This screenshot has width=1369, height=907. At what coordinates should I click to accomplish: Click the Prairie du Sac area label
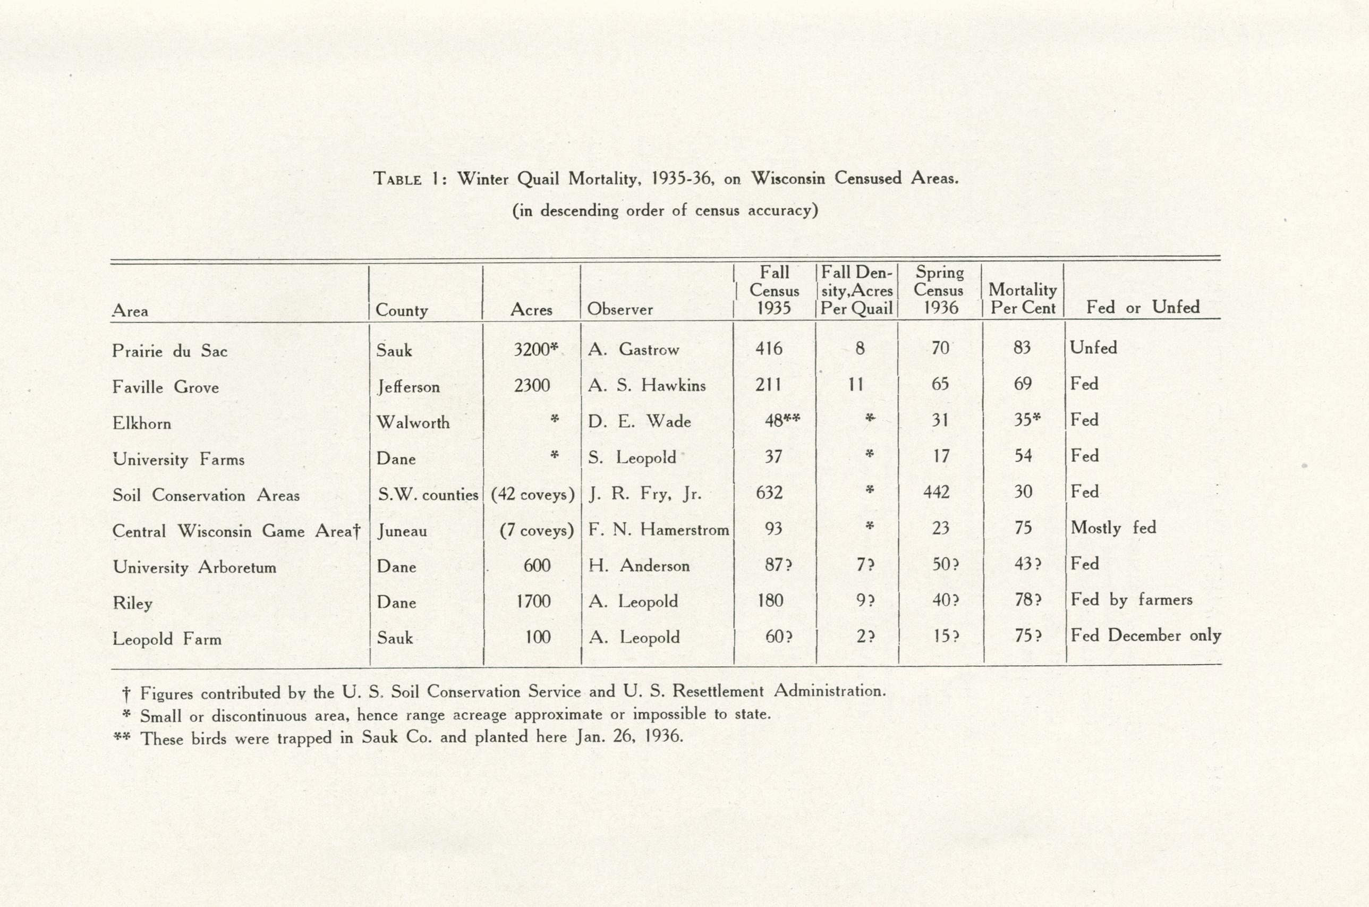tap(169, 351)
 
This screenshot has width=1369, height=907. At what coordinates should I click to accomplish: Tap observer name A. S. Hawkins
tap(647, 385)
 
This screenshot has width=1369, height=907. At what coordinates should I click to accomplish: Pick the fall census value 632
tap(769, 492)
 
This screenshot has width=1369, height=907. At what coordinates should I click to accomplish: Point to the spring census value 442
tap(937, 492)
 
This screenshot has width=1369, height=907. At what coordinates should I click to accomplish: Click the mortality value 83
tap(1022, 347)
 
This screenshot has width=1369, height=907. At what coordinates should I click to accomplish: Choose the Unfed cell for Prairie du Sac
tap(1093, 347)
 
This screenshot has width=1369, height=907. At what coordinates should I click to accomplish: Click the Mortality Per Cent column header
tap(1023, 299)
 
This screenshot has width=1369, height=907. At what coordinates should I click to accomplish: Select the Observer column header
tap(620, 309)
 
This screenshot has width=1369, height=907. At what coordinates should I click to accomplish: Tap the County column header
tap(402, 311)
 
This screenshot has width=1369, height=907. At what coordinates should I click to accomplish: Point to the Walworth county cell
tap(413, 422)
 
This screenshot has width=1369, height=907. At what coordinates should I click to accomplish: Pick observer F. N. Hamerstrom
tap(659, 529)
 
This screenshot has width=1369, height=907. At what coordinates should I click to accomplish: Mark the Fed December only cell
tap(1145, 635)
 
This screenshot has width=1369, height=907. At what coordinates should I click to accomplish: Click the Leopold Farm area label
tap(167, 639)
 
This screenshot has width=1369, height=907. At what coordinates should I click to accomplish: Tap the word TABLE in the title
tap(397, 179)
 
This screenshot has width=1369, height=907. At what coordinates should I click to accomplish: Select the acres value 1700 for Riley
tap(533, 601)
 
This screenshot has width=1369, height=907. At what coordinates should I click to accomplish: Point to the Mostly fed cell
tap(1113, 528)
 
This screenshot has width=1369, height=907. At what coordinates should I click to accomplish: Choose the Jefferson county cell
tap(409, 386)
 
